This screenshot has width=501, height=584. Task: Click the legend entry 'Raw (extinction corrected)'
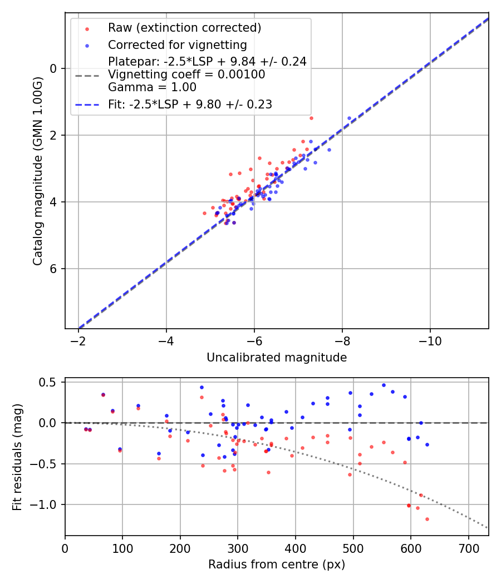pyautogui.click(x=184, y=28)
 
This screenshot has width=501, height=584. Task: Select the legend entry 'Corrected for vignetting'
pyautogui.click(x=177, y=45)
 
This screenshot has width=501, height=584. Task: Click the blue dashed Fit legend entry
pyautogui.click(x=190, y=104)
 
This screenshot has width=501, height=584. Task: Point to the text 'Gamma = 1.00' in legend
pyautogui.click(x=152, y=87)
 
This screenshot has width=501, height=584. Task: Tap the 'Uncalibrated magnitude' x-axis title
pyautogui.click(x=277, y=358)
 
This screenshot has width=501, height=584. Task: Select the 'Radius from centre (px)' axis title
pyautogui.click(x=277, y=565)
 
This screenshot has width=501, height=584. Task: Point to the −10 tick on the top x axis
pyautogui.click(x=430, y=340)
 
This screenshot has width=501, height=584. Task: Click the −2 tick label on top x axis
pyautogui.click(x=78, y=340)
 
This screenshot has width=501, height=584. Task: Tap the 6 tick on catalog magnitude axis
pyautogui.click(x=53, y=269)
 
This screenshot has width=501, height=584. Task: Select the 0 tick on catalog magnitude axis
pyautogui.click(x=53, y=68)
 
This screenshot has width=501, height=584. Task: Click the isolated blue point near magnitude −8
pyautogui.click(x=349, y=118)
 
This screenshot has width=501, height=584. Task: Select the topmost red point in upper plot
pyautogui.click(x=311, y=118)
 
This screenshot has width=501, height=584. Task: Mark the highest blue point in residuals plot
pyautogui.click(x=384, y=385)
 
